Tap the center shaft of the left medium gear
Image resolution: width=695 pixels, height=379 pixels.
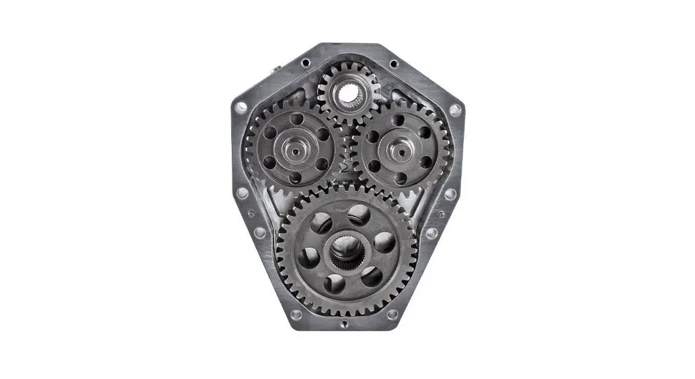click(x=292, y=150)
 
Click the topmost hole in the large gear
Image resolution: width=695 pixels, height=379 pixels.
click(x=358, y=215)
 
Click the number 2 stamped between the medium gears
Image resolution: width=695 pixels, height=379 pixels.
click(x=345, y=168)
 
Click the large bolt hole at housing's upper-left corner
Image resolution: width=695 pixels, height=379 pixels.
click(x=241, y=106)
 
